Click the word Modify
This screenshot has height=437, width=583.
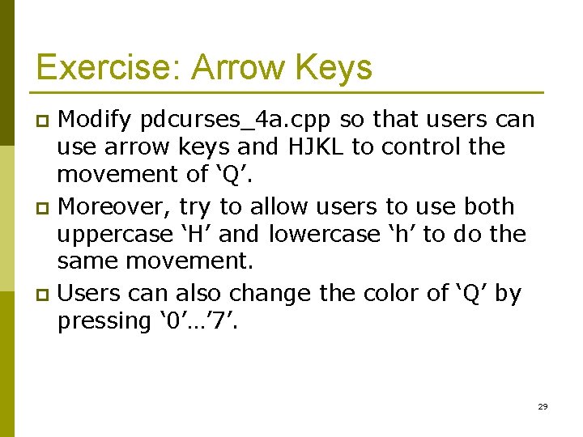point(95,119)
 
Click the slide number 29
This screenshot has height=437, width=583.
point(543,406)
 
